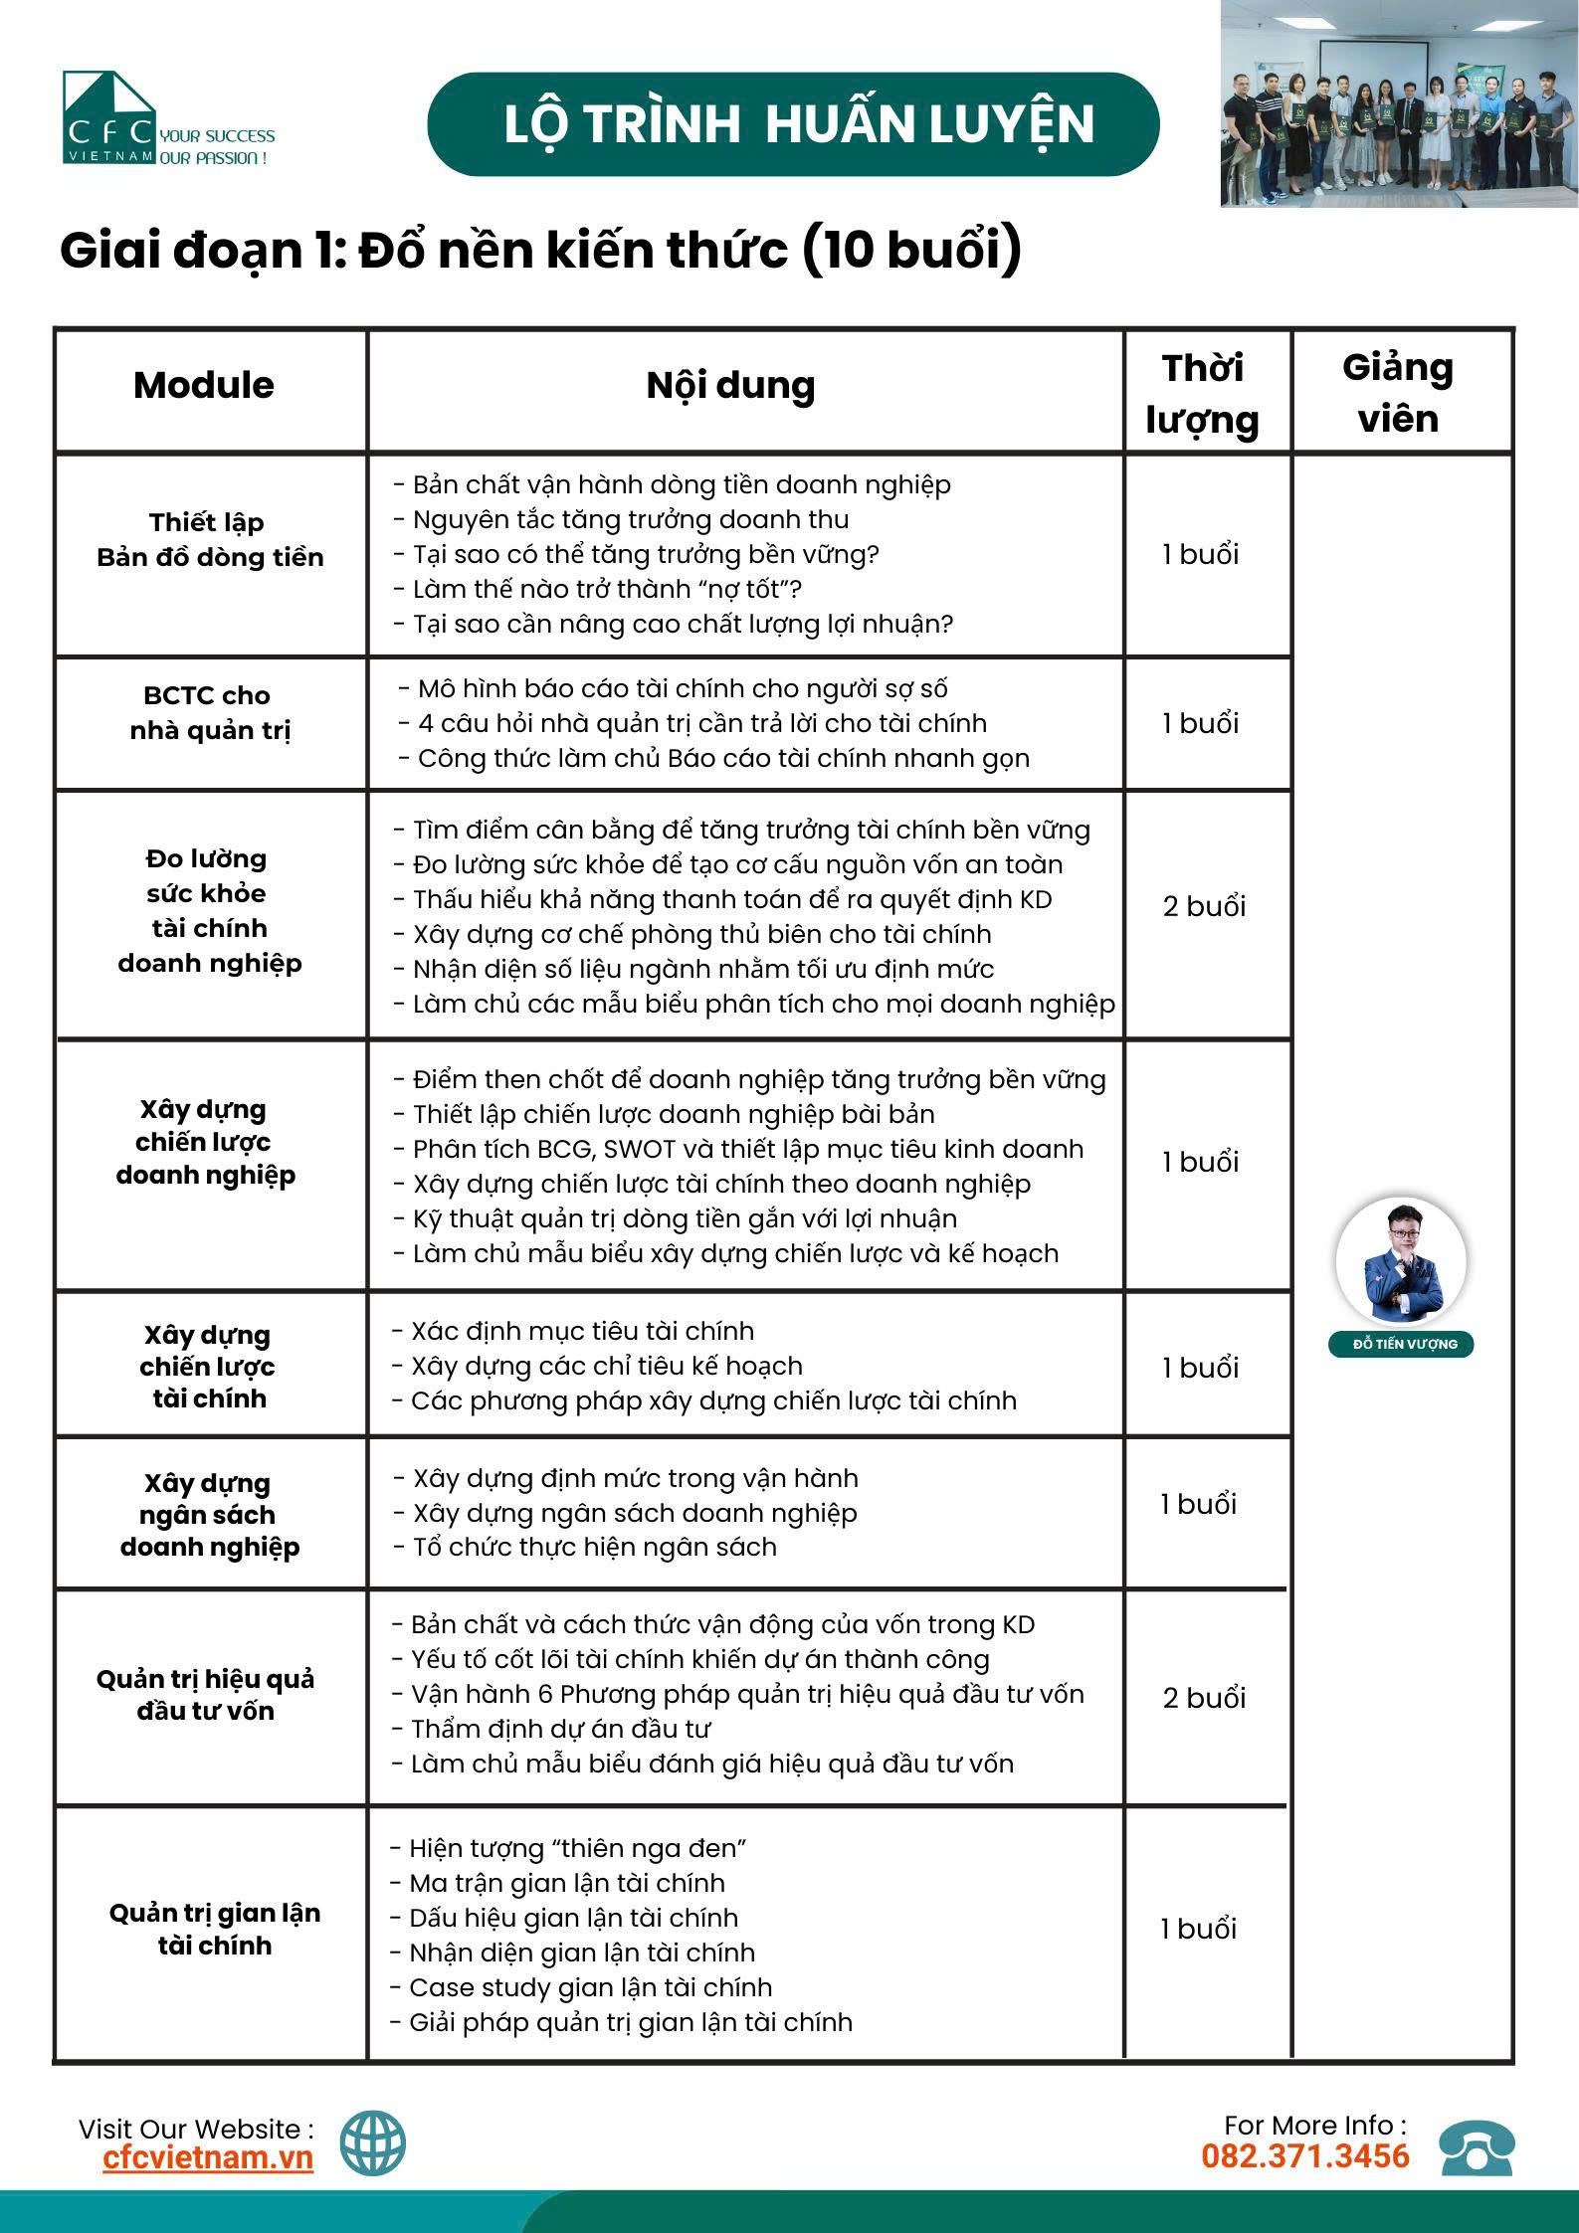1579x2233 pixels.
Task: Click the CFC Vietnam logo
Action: point(109,118)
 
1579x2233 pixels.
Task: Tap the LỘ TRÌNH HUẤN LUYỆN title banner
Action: point(793,124)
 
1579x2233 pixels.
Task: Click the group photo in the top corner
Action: point(1399,103)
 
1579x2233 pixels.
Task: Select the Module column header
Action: point(204,386)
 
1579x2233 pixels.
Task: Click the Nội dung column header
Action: point(730,386)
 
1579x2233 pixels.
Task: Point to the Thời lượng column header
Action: point(1203,394)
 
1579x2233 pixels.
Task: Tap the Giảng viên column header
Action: point(1398,393)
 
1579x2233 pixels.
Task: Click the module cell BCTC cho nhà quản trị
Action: point(208,713)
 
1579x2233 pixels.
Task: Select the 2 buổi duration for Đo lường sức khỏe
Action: point(1204,907)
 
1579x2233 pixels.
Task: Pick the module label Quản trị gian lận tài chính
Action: point(214,1929)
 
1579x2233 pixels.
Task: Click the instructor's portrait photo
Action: point(1401,1260)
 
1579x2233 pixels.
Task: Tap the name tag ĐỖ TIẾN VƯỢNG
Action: point(1401,1345)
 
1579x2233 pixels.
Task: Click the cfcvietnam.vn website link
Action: point(208,2158)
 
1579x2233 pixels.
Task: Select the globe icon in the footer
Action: point(373,2143)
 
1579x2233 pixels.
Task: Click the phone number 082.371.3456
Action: point(1304,2156)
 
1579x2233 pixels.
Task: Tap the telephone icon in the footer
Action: point(1478,2148)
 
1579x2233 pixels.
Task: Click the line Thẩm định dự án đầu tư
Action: point(561,1729)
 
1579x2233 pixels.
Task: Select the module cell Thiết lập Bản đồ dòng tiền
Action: point(210,540)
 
